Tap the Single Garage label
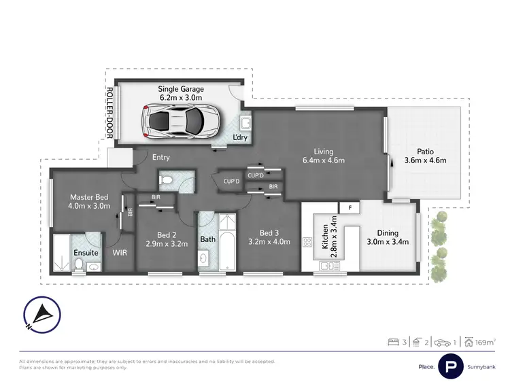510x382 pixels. click(x=181, y=93)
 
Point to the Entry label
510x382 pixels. click(x=161, y=158)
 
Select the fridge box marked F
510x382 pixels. click(x=350, y=207)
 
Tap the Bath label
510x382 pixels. click(x=207, y=239)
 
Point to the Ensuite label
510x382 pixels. click(x=85, y=252)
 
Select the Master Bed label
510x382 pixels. click(x=90, y=202)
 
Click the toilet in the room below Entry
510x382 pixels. click(x=167, y=181)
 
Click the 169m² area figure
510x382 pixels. click(x=486, y=342)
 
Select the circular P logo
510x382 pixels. click(x=450, y=364)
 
